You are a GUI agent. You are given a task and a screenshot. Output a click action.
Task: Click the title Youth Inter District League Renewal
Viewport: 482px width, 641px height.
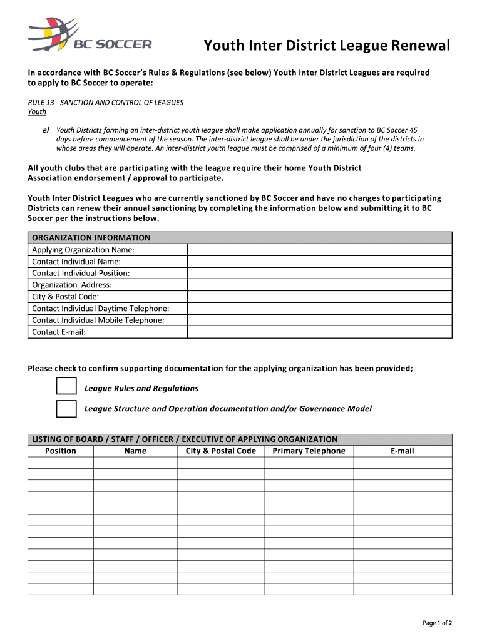(327, 46)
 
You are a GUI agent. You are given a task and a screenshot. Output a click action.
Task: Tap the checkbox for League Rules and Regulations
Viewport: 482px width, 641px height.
(66, 388)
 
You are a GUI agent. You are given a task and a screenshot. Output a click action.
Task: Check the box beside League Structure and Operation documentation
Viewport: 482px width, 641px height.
(66, 408)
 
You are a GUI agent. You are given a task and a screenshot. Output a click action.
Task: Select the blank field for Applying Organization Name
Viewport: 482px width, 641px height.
(319, 250)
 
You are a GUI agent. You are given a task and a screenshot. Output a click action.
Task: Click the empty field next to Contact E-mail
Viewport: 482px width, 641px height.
(319, 332)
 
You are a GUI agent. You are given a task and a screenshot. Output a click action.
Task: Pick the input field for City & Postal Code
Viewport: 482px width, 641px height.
(319, 297)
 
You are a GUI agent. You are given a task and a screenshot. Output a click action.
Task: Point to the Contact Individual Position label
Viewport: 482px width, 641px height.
(81, 274)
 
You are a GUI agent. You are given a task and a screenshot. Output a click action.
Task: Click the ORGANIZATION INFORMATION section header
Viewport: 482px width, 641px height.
(91, 238)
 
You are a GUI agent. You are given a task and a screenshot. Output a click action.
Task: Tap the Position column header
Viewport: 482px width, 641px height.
(61, 451)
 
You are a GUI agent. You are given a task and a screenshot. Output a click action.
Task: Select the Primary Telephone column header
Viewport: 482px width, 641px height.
(309, 451)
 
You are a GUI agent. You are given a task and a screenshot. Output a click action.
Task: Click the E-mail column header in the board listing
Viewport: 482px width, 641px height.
(402, 451)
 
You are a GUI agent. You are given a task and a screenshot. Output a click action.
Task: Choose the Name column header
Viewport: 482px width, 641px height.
(135, 451)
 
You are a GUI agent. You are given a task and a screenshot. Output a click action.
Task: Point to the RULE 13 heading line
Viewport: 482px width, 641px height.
(106, 102)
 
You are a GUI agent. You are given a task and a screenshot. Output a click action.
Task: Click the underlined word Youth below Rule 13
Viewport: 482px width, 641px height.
(37, 112)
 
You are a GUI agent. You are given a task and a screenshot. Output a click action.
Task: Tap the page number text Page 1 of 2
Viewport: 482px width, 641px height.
(437, 623)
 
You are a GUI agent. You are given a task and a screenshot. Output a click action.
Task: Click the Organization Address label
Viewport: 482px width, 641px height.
(72, 285)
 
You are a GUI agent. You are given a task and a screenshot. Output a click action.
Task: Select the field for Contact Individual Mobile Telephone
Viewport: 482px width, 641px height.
(319, 320)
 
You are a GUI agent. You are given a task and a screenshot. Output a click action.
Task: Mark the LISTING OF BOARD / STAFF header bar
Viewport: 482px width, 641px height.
(185, 439)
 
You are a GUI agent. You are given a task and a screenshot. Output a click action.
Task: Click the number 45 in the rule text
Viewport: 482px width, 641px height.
(412, 130)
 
